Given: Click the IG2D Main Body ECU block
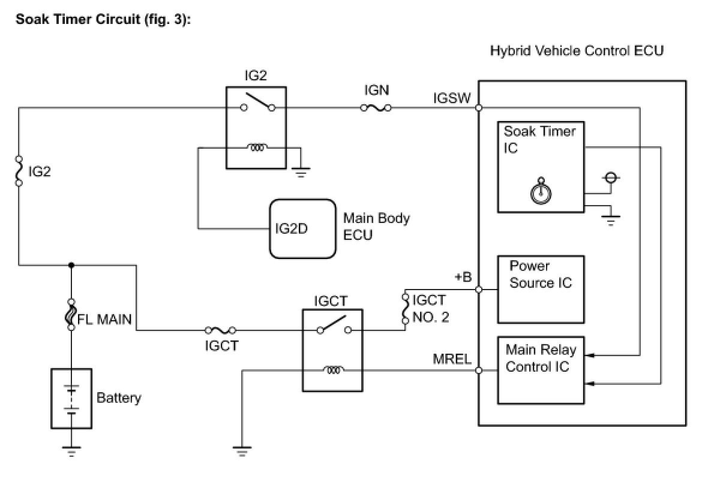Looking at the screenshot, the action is click(x=302, y=228).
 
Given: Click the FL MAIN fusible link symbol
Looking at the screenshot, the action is click(x=71, y=314).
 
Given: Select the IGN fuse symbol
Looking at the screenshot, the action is click(x=376, y=108).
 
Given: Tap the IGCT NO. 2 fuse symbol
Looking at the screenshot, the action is click(x=405, y=309).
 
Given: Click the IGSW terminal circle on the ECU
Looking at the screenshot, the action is click(x=478, y=108).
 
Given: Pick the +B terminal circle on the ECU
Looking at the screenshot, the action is click(x=478, y=289).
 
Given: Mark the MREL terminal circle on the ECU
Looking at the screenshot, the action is click(x=478, y=370).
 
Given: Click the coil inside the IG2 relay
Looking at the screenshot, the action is click(x=257, y=147).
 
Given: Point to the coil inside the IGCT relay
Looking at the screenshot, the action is click(x=334, y=369).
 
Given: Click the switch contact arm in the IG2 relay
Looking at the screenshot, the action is click(x=259, y=100).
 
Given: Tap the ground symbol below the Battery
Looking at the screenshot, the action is click(x=71, y=451).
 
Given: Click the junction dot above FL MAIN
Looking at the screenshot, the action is click(x=71, y=265).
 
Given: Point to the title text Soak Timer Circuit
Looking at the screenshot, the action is click(x=78, y=19).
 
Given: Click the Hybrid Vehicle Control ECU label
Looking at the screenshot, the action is click(x=577, y=51).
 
